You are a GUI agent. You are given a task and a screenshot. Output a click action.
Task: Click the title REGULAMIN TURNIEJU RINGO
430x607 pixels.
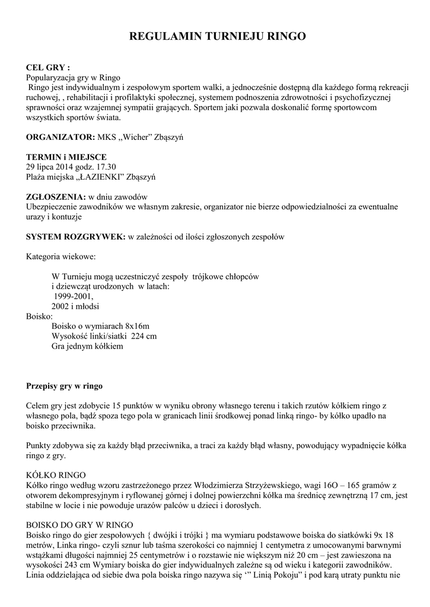point(217,37)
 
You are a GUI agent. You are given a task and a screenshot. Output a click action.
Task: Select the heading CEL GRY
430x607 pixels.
point(48,68)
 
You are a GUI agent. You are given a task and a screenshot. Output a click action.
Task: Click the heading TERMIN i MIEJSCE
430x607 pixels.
point(66,156)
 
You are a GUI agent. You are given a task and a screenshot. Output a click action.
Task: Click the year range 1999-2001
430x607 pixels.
point(74,296)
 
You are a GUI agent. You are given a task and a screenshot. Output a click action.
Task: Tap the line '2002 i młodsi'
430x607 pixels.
point(75,306)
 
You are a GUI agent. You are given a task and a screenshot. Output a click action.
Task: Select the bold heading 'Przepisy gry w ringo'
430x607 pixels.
point(64,386)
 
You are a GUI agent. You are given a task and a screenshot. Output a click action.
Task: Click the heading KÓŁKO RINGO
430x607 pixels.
point(56,475)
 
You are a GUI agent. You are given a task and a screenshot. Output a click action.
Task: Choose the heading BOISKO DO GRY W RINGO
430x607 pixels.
point(79,525)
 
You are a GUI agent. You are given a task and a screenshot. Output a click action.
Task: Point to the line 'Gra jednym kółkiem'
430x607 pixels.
point(87,346)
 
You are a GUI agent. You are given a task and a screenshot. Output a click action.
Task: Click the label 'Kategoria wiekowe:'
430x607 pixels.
point(60,257)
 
